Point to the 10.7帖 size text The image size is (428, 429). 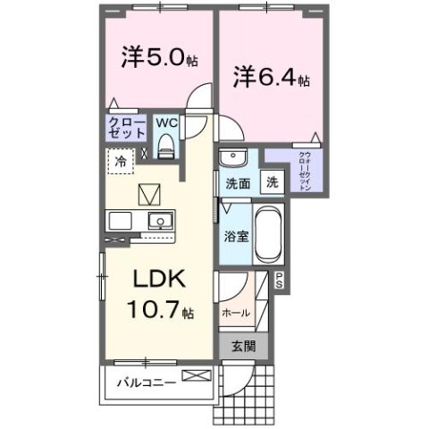click(x=162, y=313)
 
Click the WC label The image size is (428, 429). click(x=166, y=122)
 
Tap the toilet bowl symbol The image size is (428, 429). click(x=166, y=145)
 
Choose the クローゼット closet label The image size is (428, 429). click(x=126, y=128)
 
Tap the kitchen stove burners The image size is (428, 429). click(x=119, y=220)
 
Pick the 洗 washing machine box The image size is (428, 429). click(x=272, y=181)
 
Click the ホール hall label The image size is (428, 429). click(x=235, y=313)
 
